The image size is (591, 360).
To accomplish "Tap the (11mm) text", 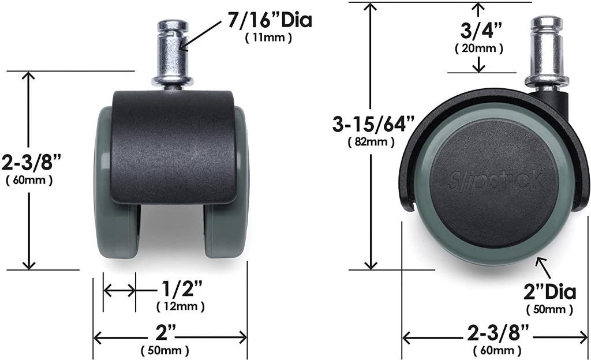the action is tap(268, 38).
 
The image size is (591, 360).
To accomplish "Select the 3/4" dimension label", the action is tap(481, 31).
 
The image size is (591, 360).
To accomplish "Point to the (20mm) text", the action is tap(479, 48).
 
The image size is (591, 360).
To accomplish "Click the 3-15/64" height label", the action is tap(373, 124).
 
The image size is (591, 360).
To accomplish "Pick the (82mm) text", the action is tap(371, 142).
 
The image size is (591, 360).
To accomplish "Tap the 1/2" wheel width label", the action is tap(182, 290).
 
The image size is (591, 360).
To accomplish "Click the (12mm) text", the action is tap(181, 306).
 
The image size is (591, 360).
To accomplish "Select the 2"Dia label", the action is tap(550, 292).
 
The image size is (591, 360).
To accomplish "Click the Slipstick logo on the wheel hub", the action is tap(496, 180).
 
